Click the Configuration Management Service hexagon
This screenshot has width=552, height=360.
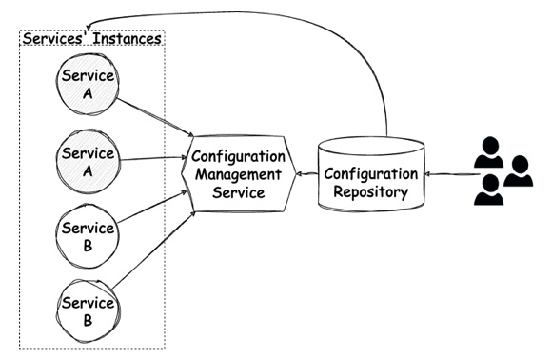[x=236, y=173]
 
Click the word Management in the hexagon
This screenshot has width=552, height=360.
[x=236, y=173]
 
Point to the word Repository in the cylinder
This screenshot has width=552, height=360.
[x=371, y=191]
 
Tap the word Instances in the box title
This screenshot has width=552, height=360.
[x=124, y=39]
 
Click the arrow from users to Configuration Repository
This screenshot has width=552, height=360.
[x=448, y=174]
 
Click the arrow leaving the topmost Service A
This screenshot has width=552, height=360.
[x=157, y=111]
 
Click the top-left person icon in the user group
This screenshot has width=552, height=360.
[x=488, y=150]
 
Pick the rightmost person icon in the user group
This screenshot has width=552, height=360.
[x=519, y=170]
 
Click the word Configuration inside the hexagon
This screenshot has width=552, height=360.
[x=236, y=155]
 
